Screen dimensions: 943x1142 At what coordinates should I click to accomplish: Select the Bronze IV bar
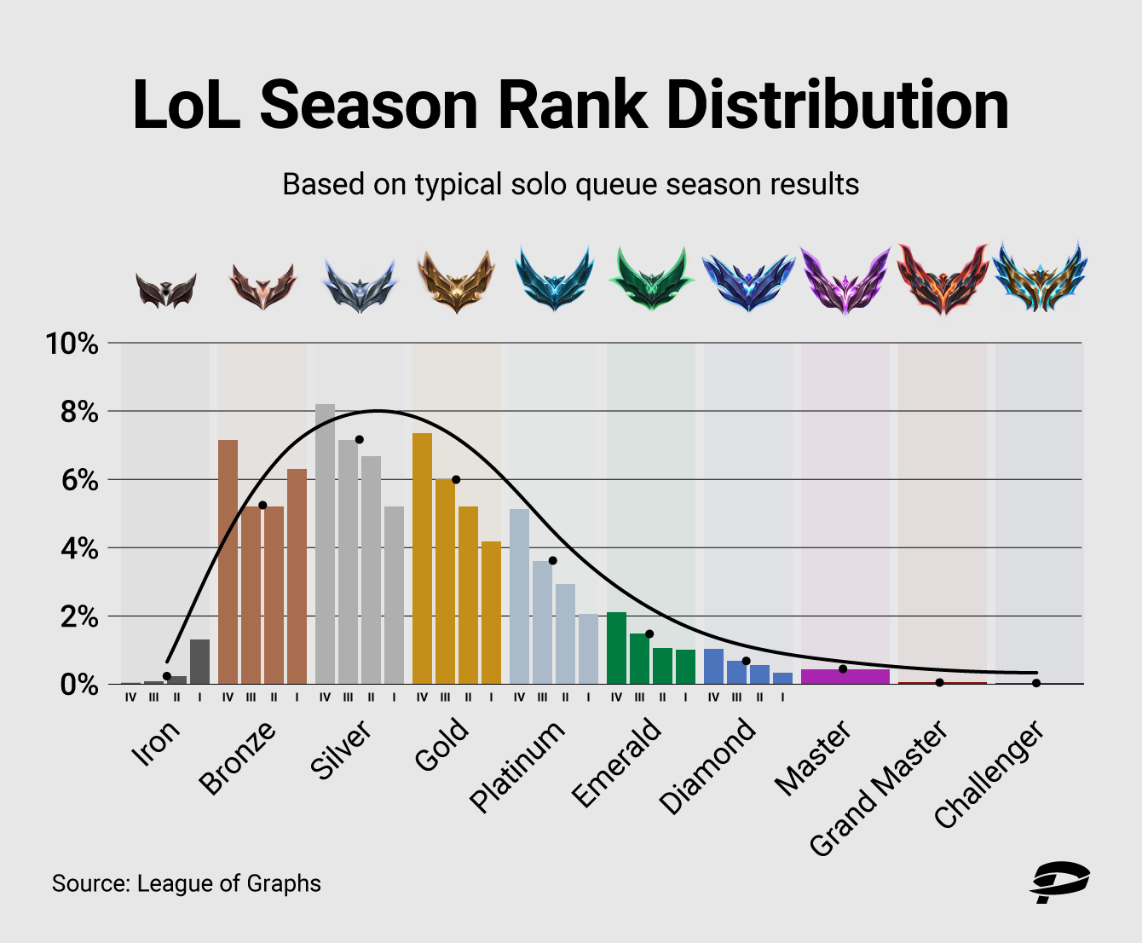228,562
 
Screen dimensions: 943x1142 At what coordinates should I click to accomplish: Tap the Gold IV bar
422,558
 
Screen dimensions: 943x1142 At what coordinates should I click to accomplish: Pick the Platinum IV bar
519,596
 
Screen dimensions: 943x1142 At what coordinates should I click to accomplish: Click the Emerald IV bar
616,648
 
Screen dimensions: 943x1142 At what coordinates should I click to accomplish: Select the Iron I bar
199,662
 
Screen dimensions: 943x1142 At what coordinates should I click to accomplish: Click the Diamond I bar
782,678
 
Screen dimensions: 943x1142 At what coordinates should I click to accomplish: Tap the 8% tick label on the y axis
72,413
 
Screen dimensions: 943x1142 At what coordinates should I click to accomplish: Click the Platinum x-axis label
517,767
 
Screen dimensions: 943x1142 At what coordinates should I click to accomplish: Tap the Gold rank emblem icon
456,281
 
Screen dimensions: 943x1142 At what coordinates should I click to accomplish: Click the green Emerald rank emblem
651,280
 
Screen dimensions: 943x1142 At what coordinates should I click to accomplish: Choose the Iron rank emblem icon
165,290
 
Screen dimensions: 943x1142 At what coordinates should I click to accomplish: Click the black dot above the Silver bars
359,440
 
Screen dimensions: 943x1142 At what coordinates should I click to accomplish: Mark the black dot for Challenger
1036,683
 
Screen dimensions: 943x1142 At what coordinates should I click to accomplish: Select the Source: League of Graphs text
187,883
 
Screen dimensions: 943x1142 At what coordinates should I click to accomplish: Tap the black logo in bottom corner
1060,882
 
